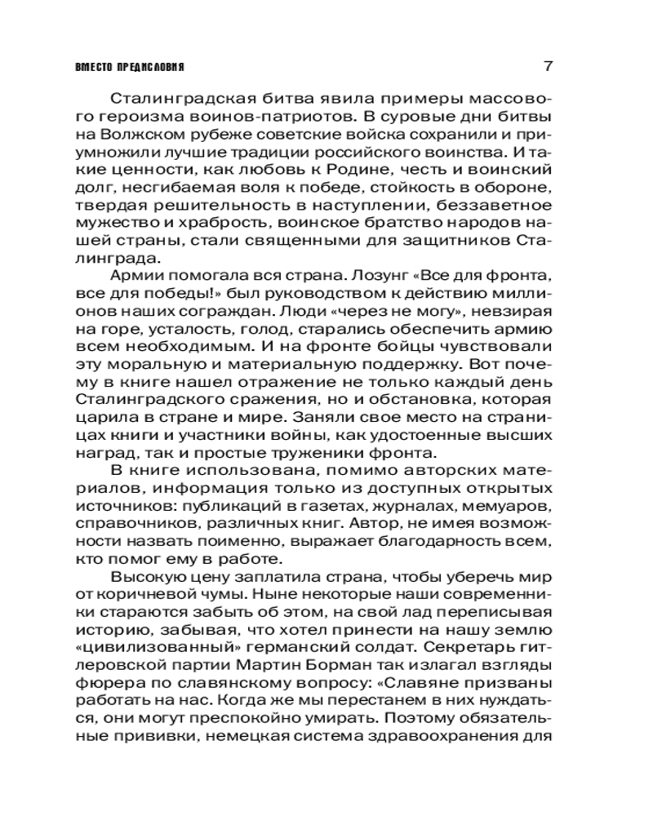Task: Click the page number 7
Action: point(548,65)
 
